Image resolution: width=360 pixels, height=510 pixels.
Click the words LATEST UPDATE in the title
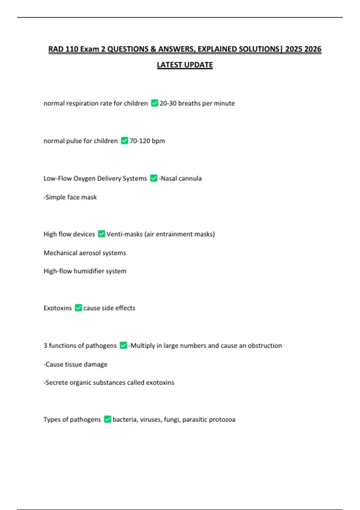[x=185, y=65]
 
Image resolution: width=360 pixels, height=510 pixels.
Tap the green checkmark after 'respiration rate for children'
[x=154, y=103]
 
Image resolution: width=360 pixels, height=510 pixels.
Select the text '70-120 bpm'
[x=147, y=141]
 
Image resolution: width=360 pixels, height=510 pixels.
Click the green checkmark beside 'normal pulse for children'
[x=124, y=141]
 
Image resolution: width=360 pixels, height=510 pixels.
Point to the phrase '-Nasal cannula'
[x=180, y=178]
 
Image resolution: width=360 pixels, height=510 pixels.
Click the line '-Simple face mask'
[x=70, y=197]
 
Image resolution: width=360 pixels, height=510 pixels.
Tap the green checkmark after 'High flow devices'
[x=101, y=234]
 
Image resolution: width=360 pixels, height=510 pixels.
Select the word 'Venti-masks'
[x=124, y=234]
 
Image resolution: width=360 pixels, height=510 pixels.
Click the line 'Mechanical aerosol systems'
[x=85, y=253]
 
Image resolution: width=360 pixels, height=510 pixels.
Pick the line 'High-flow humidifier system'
[x=85, y=271]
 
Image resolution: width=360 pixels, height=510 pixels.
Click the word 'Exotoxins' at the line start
[x=58, y=308]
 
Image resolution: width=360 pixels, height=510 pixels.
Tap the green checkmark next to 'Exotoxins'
[x=78, y=308]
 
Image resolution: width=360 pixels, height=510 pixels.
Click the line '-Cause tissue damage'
[x=76, y=364]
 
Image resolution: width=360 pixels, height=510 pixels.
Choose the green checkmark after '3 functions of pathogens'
[x=123, y=346]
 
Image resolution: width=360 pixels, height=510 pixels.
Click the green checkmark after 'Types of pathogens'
[x=107, y=419]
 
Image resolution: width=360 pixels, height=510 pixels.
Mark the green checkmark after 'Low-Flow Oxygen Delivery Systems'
[x=154, y=178]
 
